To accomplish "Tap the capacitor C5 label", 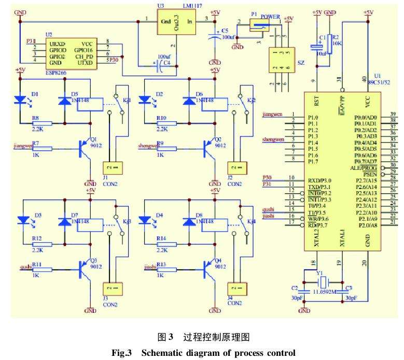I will tap(225, 31).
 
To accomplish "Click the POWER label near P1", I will tap(270, 17).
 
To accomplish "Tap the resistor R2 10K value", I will tap(337, 45).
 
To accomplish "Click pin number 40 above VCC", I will tap(368, 78).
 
